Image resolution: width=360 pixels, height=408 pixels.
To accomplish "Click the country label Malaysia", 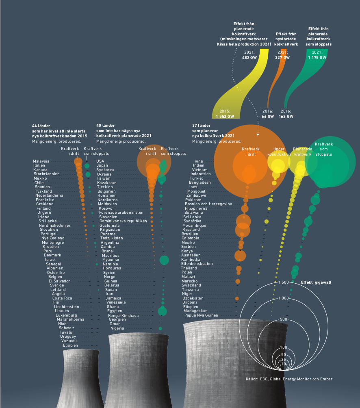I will (41, 161).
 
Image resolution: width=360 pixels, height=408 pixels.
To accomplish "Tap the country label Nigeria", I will (117, 328).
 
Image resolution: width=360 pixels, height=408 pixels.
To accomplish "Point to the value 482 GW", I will (249, 58).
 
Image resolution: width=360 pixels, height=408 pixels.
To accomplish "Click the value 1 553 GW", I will (225, 116).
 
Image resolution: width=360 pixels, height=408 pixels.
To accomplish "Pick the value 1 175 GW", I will (317, 58).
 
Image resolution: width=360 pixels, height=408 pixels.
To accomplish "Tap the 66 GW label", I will (268, 116).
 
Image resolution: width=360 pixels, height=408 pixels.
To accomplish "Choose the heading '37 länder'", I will (202, 126).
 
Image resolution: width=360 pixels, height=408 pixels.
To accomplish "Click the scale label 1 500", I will (284, 282).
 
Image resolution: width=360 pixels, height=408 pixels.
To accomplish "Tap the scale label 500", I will (284, 319).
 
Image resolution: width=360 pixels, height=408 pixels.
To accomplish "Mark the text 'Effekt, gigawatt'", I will (317, 282).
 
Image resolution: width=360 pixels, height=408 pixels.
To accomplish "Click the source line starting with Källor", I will (289, 379).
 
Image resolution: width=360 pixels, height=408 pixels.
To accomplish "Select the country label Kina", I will (199, 161).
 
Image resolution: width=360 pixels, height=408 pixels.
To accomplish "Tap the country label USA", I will (100, 161).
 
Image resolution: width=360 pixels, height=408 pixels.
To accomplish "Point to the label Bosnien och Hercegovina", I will (208, 204).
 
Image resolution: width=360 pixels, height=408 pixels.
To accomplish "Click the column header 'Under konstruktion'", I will (279, 152).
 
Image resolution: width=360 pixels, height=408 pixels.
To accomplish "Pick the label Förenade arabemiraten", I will (121, 213).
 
